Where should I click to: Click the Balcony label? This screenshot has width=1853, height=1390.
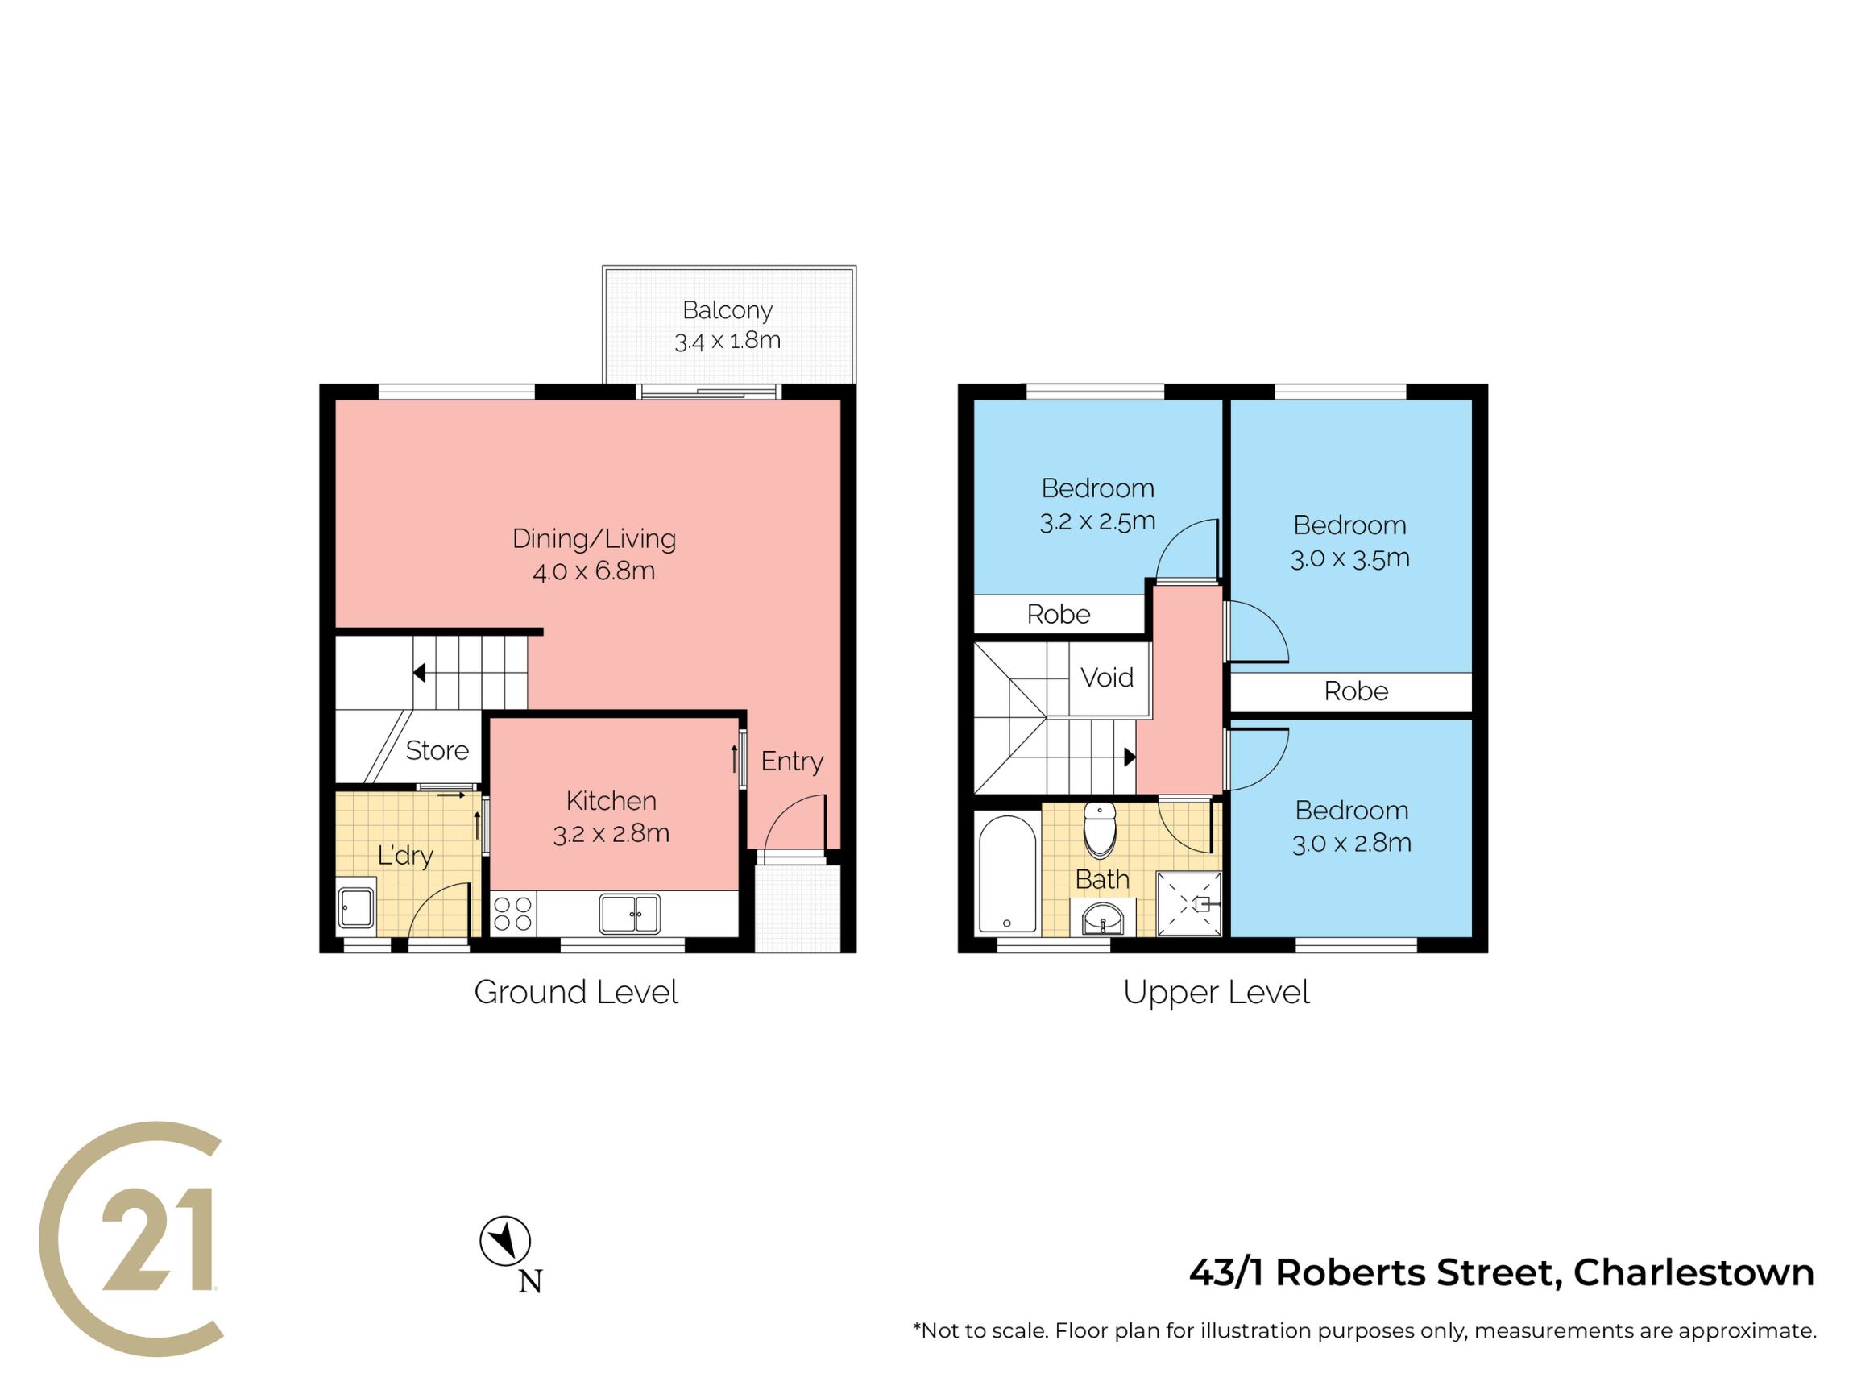pyautogui.click(x=728, y=310)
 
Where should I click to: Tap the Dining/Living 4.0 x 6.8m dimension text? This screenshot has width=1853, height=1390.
pyautogui.click(x=594, y=571)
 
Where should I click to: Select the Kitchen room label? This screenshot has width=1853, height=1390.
pyautogui.click(x=611, y=801)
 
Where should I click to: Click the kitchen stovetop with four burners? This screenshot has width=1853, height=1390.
pyautogui.click(x=512, y=914)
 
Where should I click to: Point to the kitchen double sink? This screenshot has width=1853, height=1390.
pyautogui.click(x=630, y=913)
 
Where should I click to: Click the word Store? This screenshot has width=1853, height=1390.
pyautogui.click(x=437, y=751)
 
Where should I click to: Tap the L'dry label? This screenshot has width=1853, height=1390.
pyautogui.click(x=405, y=856)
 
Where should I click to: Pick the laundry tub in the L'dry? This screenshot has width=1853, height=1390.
pyautogui.click(x=356, y=908)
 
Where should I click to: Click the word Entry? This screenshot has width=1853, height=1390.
pyautogui.click(x=793, y=761)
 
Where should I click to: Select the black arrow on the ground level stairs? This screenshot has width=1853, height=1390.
pyautogui.click(x=420, y=673)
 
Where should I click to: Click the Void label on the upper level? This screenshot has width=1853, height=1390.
pyautogui.click(x=1107, y=677)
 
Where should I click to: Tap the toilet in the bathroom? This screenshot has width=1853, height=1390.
pyautogui.click(x=1100, y=829)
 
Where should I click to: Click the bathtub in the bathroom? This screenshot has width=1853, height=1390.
pyautogui.click(x=1007, y=876)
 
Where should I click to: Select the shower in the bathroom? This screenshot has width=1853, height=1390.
pyautogui.click(x=1188, y=903)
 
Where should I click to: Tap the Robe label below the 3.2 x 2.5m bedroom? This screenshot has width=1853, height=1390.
pyautogui.click(x=1059, y=615)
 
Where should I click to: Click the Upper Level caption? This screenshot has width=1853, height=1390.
pyautogui.click(x=1217, y=993)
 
